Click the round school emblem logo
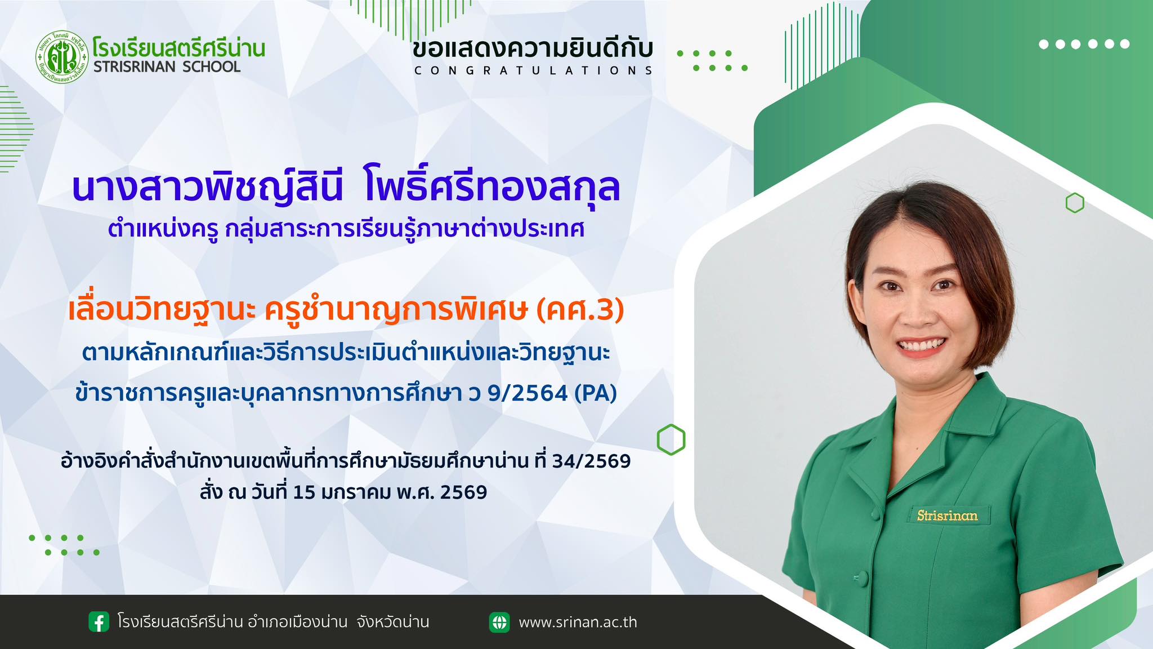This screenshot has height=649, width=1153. [x=62, y=57]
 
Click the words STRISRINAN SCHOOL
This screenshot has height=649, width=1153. [x=167, y=66]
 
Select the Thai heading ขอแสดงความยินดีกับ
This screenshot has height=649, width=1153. [x=533, y=48]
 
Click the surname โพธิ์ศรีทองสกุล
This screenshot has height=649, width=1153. [x=492, y=188]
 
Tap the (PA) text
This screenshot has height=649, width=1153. [x=596, y=393]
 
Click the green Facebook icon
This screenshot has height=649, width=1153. [x=99, y=622]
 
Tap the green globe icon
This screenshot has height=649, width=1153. [x=499, y=622]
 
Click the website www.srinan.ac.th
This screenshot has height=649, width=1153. [x=578, y=623]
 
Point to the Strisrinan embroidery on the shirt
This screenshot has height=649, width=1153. [x=947, y=515]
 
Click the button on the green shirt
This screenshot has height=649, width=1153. [x=860, y=577]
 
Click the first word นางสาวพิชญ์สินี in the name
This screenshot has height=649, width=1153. [x=208, y=188]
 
